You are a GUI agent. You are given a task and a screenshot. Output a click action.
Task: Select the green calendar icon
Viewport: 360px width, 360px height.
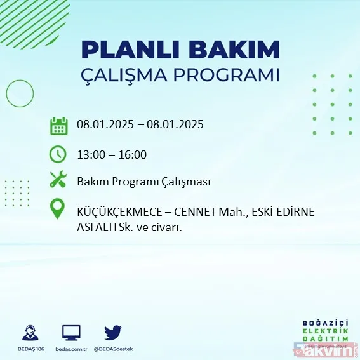click(x=58, y=126)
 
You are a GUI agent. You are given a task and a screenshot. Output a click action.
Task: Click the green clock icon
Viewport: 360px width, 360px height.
click(x=58, y=154)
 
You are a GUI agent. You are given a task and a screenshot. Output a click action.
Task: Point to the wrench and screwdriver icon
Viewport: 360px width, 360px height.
click(x=58, y=180)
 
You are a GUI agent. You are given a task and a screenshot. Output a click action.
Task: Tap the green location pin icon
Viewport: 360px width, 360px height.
click(x=58, y=210)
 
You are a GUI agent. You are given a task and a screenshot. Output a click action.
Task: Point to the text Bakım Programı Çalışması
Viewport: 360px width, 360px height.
click(x=143, y=182)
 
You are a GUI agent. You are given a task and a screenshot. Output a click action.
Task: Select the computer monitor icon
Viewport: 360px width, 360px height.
click(x=71, y=333)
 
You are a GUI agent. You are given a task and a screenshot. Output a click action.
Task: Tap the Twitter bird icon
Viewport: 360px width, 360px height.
click(x=113, y=332)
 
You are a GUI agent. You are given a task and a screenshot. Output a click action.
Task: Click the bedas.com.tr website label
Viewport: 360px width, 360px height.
click(x=71, y=348)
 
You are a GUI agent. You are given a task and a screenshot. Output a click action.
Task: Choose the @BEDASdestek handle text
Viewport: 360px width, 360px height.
click(x=113, y=348)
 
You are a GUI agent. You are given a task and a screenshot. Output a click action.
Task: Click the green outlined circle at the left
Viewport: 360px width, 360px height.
click(x=20, y=94)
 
